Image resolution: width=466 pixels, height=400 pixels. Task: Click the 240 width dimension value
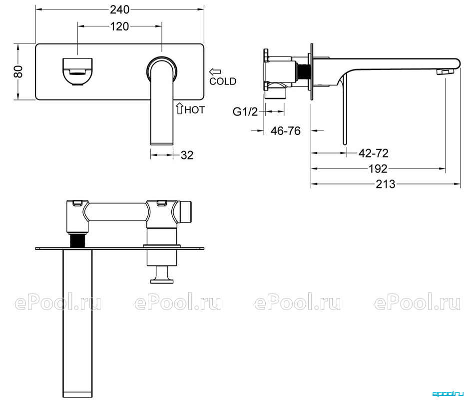tap(120, 9)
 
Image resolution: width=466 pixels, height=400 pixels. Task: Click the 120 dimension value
tap(120, 26)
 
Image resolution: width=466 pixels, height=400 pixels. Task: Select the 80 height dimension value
tap(18, 71)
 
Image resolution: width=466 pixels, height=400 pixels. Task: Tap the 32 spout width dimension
tap(187, 155)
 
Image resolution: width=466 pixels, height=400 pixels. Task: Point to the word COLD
tap(223, 81)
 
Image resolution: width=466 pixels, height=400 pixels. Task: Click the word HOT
tap(195, 110)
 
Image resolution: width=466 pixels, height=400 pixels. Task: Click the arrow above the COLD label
tap(215, 71)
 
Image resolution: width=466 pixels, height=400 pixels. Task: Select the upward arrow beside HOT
tap(179, 109)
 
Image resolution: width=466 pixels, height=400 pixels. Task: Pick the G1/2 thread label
tap(245, 112)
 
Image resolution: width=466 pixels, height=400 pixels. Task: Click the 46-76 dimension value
tap(286, 130)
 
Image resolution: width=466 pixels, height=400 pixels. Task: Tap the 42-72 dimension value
tap(374, 153)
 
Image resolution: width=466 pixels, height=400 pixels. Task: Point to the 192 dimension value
tap(378, 169)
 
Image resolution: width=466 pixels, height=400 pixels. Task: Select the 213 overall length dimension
tap(386, 184)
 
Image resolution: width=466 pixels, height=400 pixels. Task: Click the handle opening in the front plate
tap(77, 71)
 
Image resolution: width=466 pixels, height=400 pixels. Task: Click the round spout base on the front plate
tap(162, 69)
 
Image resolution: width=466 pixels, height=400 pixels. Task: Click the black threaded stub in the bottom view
tap(77, 240)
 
